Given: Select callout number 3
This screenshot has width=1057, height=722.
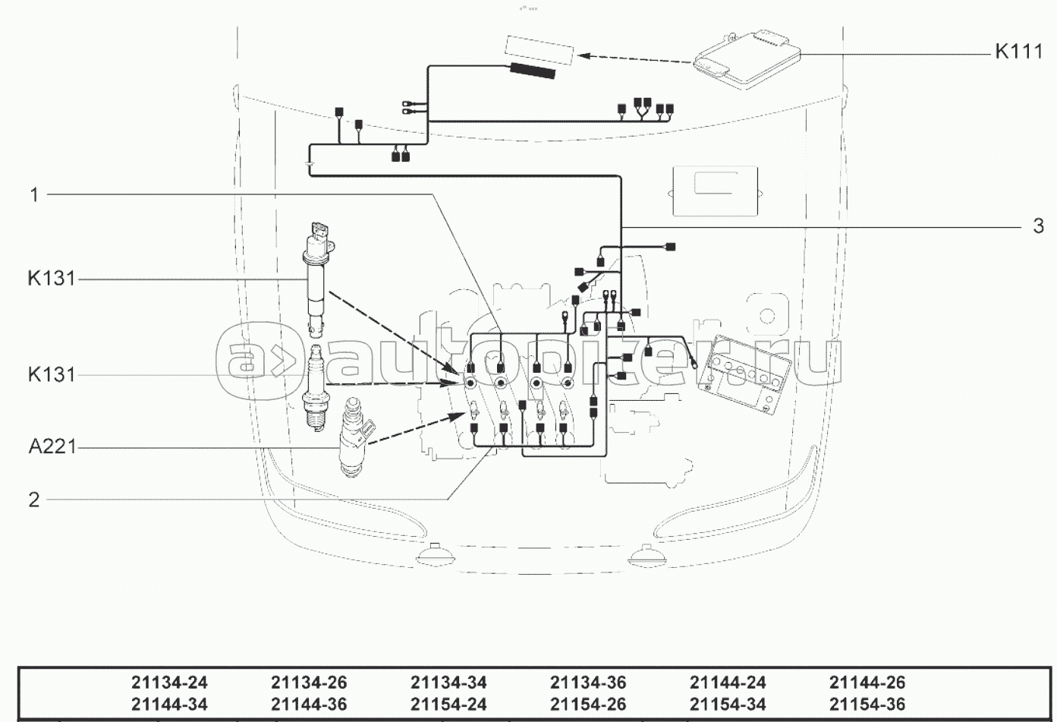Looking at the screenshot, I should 1038,225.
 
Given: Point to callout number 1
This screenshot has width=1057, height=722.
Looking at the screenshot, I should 33,195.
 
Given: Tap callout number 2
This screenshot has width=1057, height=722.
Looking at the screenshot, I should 33,500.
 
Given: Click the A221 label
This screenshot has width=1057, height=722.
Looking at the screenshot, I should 52,447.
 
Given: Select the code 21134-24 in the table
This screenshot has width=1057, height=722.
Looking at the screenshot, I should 169,683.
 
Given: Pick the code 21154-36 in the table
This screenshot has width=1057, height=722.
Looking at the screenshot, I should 867,705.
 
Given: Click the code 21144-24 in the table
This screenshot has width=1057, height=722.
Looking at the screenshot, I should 728,683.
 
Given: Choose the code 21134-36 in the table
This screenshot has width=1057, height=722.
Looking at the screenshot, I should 588,683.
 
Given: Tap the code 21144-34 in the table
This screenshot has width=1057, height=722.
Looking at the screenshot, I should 169,705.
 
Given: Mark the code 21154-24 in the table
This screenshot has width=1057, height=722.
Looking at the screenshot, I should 448,705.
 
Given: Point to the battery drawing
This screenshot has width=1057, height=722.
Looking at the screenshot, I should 744,375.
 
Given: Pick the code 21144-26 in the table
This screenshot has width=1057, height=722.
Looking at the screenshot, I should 867,683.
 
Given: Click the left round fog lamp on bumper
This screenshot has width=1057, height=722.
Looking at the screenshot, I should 435,558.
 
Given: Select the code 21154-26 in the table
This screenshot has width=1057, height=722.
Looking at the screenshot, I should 588,705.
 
